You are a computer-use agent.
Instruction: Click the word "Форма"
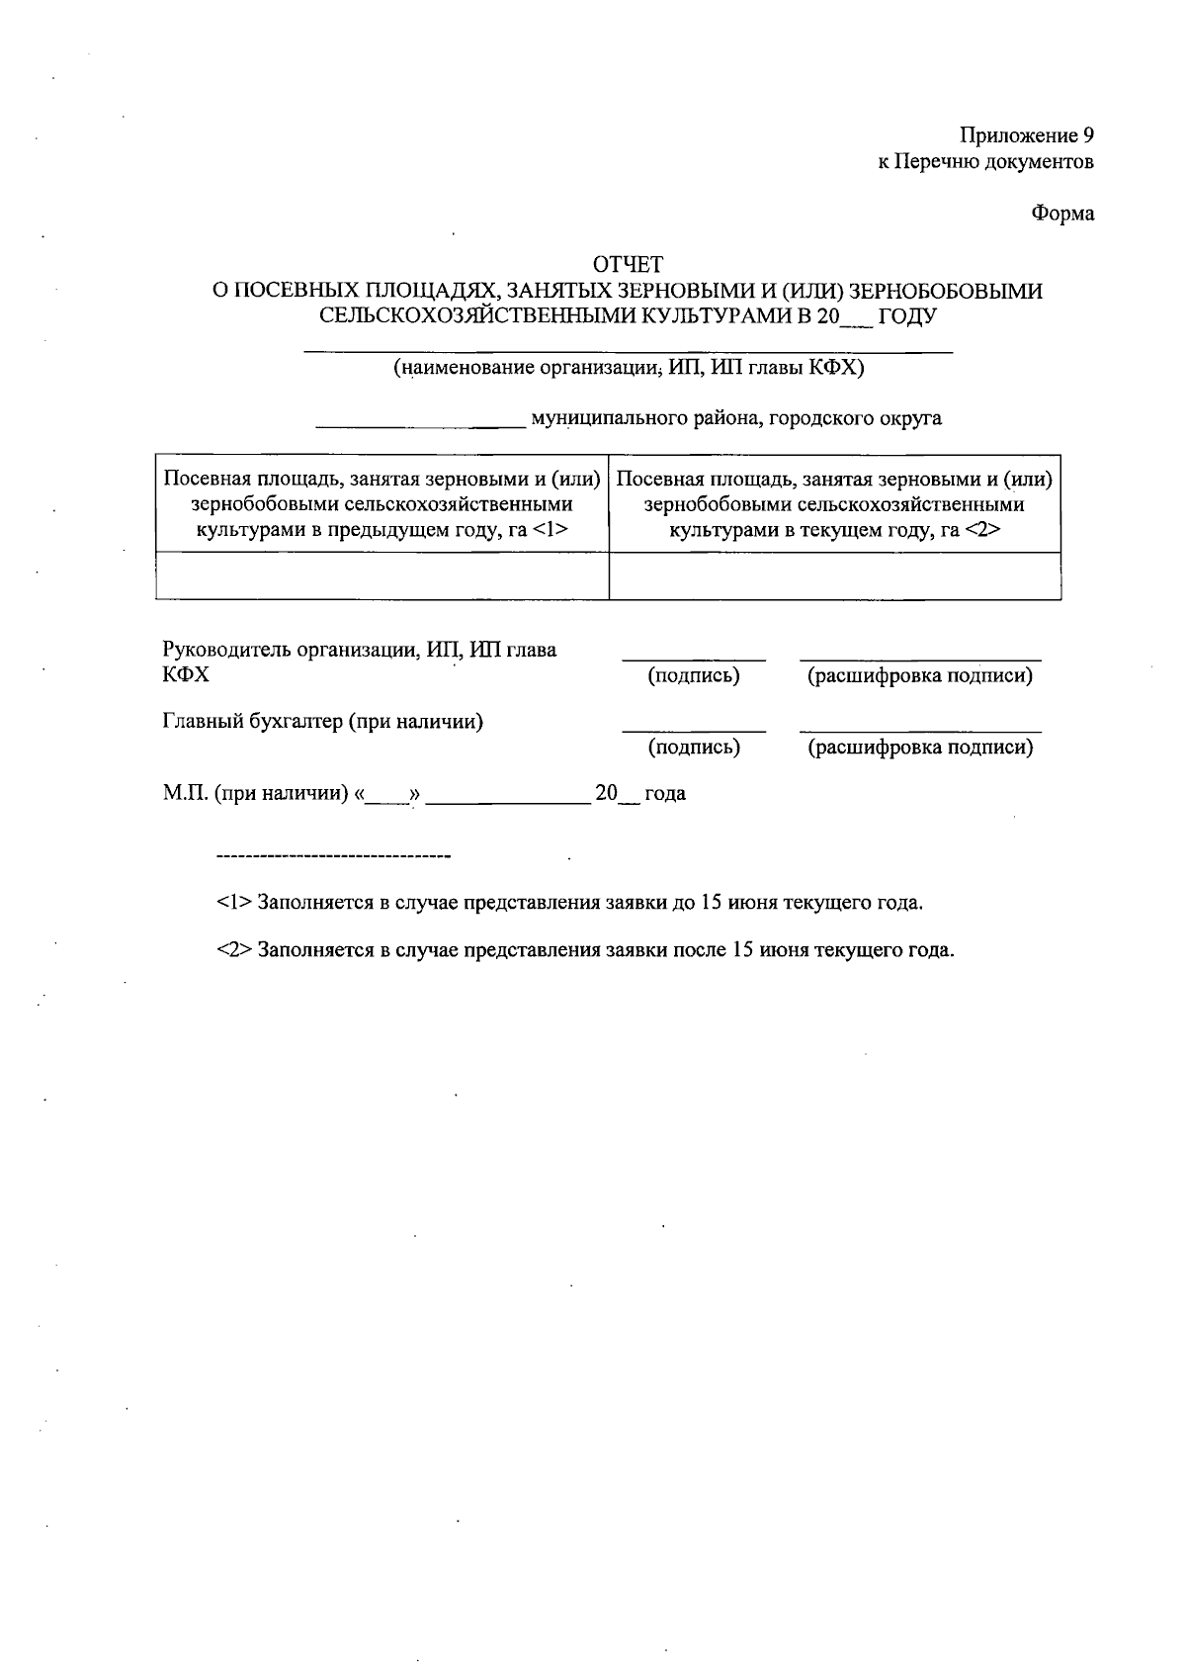[x=1063, y=214]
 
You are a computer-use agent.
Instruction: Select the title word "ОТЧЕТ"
[x=628, y=264]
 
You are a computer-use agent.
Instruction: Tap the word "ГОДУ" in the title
[x=907, y=317]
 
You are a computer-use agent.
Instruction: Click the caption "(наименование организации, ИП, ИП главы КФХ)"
[x=629, y=369]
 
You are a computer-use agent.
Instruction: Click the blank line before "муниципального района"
[x=420, y=426]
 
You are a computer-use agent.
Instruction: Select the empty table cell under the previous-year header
[x=382, y=575]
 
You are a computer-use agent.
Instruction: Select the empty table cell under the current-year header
[x=834, y=575]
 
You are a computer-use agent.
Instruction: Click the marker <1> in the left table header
[x=550, y=530]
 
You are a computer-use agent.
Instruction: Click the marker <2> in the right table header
[x=983, y=530]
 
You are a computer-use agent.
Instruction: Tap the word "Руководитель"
[x=223, y=650]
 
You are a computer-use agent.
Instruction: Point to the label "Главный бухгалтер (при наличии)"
[x=322, y=721]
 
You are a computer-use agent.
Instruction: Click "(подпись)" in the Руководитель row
[x=694, y=676]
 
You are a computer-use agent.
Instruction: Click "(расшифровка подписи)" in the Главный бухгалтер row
[x=920, y=748]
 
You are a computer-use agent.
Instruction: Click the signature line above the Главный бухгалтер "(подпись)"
[x=694, y=732]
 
